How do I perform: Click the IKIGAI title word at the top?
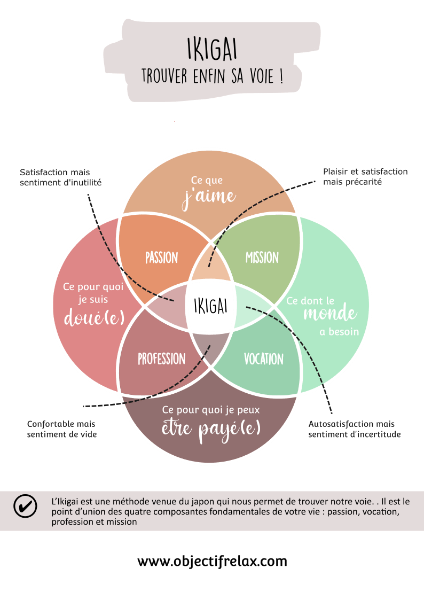(x=212, y=49)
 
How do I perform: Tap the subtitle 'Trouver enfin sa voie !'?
(x=212, y=76)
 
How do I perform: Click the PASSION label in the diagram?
(x=161, y=258)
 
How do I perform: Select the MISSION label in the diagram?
(x=262, y=258)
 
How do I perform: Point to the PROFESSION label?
(x=161, y=359)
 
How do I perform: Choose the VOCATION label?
(x=263, y=359)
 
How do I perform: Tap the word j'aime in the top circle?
(x=208, y=196)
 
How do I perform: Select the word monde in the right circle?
(x=330, y=314)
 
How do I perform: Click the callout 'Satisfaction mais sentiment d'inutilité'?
(x=60, y=177)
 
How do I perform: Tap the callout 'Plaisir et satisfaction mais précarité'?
(x=365, y=177)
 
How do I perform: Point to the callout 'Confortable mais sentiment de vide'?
(x=61, y=429)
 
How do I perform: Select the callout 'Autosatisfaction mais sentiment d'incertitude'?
(x=354, y=429)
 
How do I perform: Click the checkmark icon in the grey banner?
(x=25, y=505)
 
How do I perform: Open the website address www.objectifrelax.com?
(x=212, y=562)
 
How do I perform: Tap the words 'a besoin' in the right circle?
(x=339, y=332)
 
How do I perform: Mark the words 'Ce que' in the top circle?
(x=207, y=181)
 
